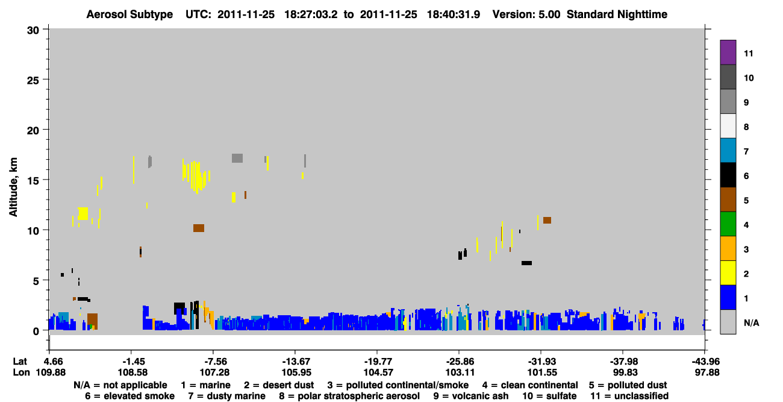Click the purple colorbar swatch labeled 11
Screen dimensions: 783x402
pos(728,52)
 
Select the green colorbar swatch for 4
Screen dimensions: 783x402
pos(728,224)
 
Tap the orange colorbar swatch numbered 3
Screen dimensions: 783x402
pos(728,248)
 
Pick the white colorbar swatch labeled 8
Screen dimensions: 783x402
pos(728,125)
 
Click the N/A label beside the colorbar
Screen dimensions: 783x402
pos(751,323)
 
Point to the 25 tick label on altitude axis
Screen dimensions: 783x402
pos(33,81)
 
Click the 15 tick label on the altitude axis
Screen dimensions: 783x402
pos(33,181)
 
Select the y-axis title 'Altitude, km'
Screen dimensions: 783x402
pos(13,187)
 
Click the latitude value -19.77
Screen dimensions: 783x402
pos(378,362)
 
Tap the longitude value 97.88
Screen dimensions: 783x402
pos(707,372)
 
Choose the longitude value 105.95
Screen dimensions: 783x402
pos(296,372)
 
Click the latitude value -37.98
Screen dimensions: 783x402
pos(624,362)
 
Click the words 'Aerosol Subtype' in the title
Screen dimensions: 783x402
pos(129,14)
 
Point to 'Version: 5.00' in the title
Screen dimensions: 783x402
pos(526,14)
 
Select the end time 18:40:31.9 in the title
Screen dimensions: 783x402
pos(454,14)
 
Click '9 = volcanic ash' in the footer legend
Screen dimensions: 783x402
pos(471,396)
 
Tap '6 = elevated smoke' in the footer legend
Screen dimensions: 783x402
pos(129,396)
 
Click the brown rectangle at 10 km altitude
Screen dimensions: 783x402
pos(199,228)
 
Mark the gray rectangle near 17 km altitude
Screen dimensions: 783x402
pos(237,158)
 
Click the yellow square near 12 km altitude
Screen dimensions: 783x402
pos(83,213)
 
